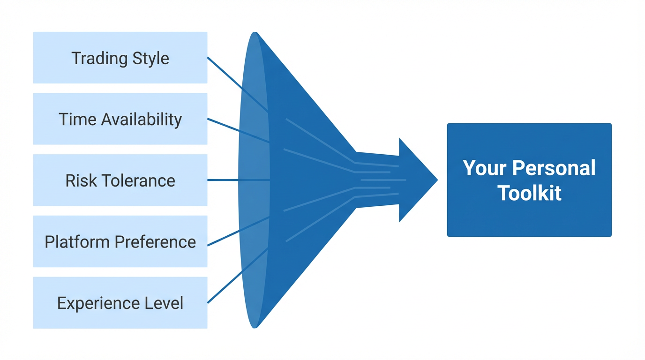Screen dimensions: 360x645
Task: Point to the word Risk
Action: (80, 181)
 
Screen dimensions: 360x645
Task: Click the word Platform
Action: (77, 242)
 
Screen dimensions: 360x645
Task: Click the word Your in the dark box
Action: (483, 168)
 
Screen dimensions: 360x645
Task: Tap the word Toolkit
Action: (529, 193)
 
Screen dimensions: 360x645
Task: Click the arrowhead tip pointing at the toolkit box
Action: (436, 180)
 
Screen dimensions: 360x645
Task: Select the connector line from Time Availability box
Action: (234, 129)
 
